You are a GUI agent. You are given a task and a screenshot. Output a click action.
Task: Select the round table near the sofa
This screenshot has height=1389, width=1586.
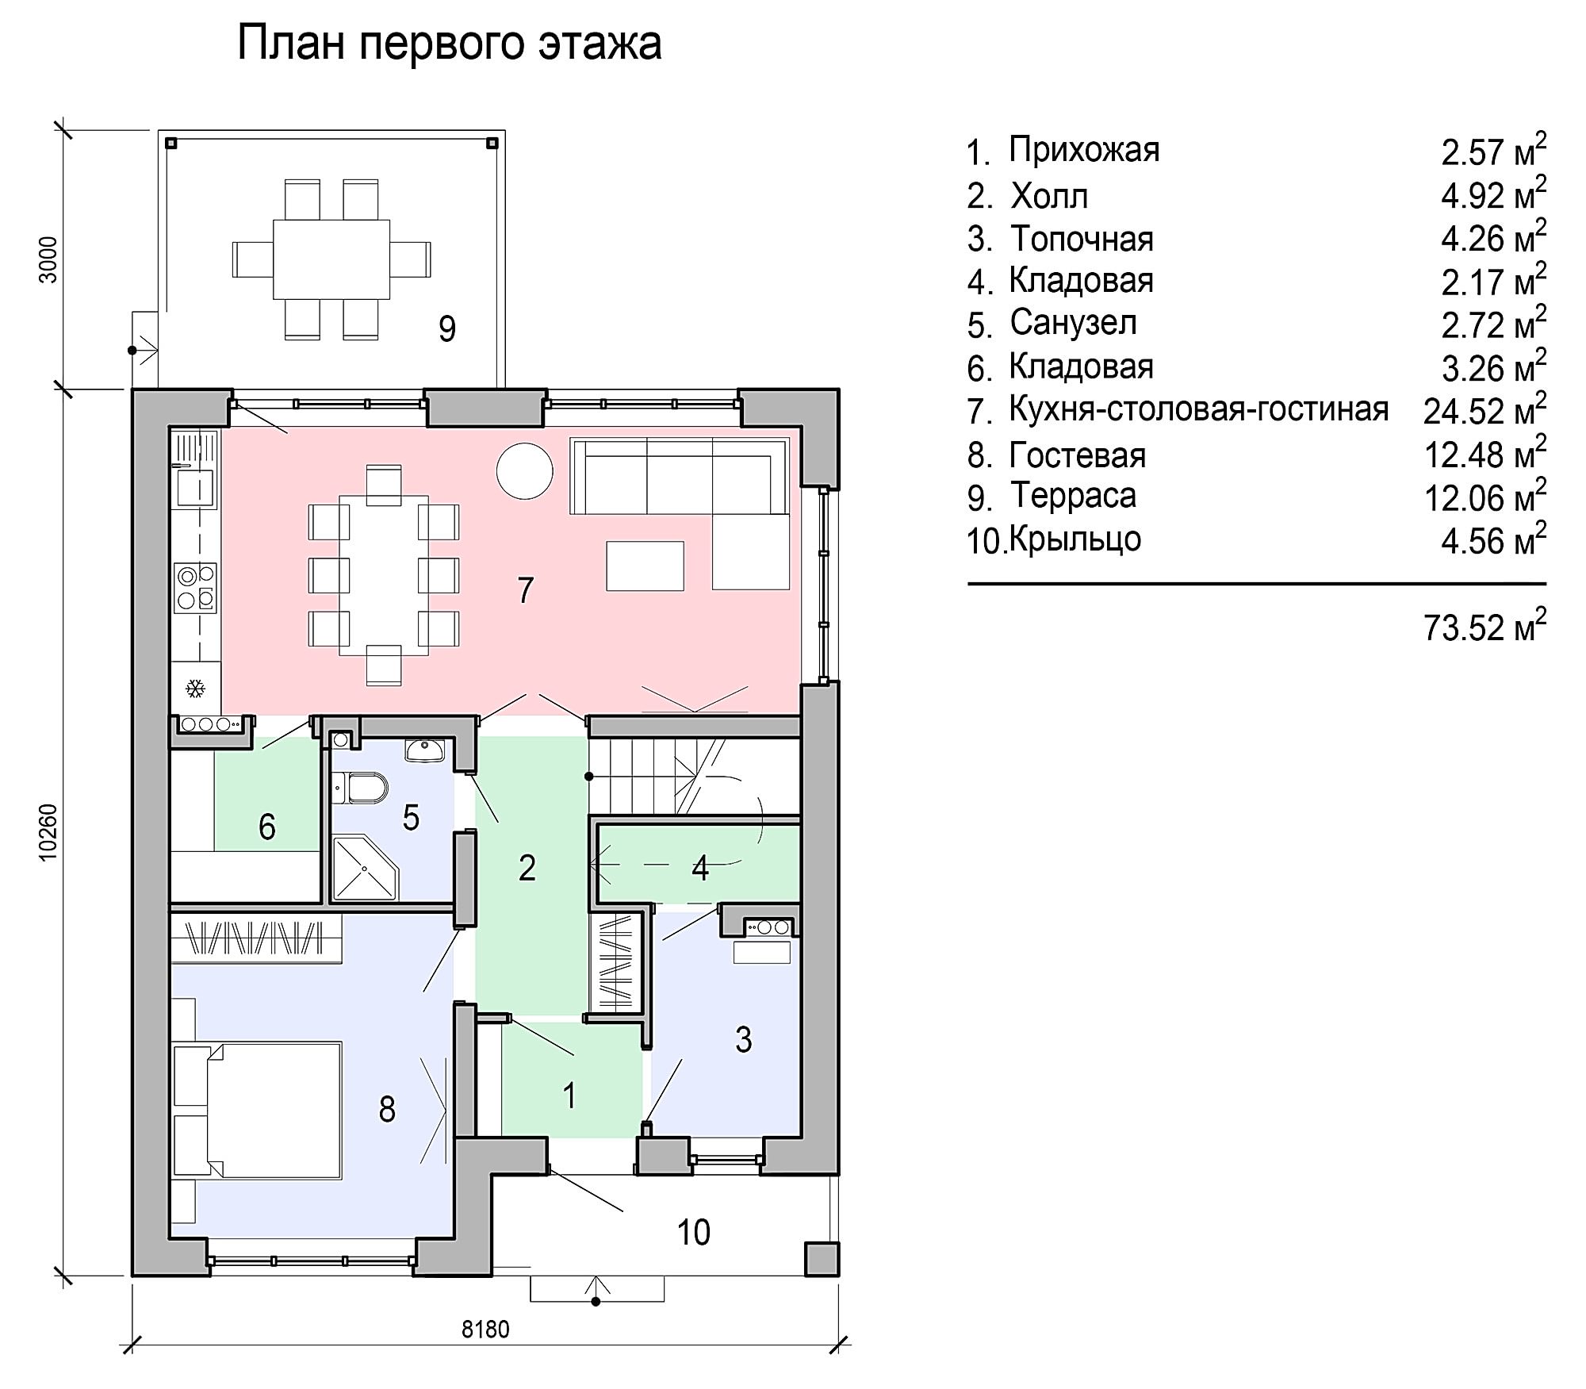coord(524,470)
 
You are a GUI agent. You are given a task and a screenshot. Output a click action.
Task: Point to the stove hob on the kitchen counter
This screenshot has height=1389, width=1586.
coord(195,588)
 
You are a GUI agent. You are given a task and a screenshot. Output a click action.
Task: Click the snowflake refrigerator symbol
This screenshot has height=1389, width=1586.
coord(195,688)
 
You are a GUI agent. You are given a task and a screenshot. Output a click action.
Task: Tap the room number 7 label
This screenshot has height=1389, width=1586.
coord(525,590)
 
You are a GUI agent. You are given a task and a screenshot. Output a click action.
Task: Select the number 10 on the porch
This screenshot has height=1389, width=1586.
coord(694,1232)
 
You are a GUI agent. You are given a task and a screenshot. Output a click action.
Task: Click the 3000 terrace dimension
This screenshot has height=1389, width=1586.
coord(48,259)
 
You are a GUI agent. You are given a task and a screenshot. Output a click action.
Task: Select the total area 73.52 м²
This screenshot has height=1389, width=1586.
coord(1484,626)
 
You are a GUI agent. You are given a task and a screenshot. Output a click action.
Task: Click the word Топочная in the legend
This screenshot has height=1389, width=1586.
coord(1082,239)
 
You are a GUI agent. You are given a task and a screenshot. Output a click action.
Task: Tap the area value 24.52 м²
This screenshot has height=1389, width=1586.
coord(1484,409)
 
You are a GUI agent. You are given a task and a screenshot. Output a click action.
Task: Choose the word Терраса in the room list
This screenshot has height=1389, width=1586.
coord(1073,496)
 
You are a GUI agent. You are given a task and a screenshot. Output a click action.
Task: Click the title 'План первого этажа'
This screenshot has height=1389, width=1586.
coord(450,44)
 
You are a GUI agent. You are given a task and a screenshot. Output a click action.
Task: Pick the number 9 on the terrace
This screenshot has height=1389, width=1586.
coord(447,328)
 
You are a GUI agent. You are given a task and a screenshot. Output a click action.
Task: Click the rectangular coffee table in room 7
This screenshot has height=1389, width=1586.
coord(645,566)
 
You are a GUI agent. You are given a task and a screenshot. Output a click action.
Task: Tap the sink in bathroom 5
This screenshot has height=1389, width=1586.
coord(425,750)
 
